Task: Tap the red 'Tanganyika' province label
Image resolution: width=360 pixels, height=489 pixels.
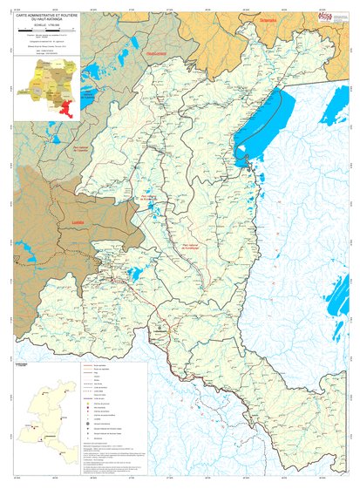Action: click(268, 18)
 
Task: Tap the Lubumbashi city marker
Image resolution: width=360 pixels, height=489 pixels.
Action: click(160, 330)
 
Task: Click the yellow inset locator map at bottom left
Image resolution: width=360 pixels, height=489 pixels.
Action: click(50, 404)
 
